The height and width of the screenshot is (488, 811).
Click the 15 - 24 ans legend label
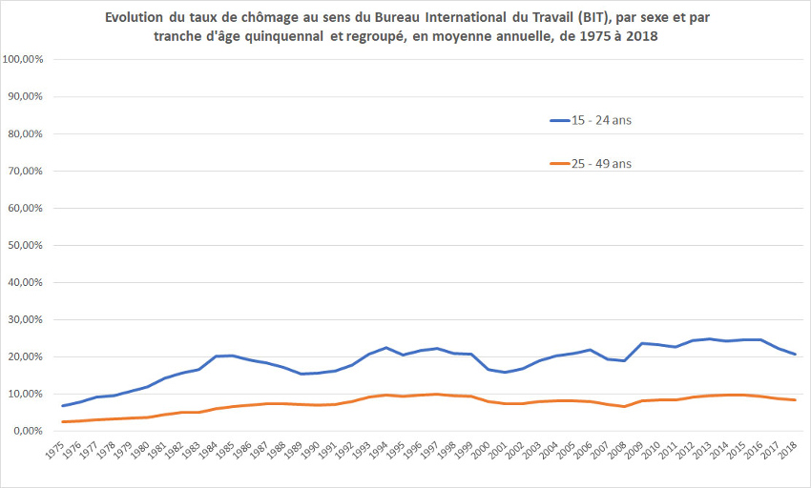tap(602, 120)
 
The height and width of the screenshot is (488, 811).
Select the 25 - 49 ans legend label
tap(602, 164)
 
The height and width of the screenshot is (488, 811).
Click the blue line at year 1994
tap(386, 348)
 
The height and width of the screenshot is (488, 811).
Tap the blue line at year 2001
tap(505, 372)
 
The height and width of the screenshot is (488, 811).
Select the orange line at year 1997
tap(437, 394)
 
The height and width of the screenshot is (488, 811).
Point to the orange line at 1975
tap(64, 421)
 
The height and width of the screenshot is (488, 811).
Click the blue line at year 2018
tap(793, 355)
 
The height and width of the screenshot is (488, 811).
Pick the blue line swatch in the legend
tap(559, 120)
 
